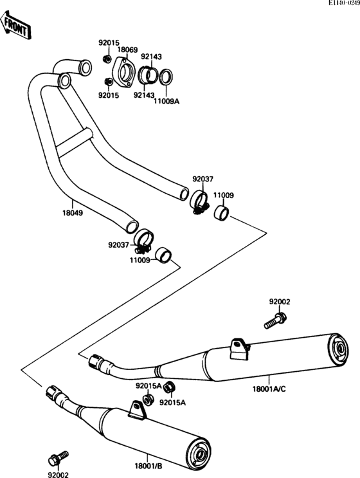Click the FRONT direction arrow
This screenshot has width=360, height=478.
tap(15, 26)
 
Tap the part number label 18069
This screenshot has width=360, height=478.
tap(128, 50)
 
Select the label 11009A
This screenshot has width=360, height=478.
tap(166, 101)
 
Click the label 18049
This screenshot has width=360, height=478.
tap(73, 213)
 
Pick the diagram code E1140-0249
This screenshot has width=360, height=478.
tap(344, 3)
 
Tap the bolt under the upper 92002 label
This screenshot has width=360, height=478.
tap(275, 321)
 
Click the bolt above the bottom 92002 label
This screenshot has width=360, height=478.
tap(58, 456)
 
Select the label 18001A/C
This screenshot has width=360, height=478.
tap(269, 389)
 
